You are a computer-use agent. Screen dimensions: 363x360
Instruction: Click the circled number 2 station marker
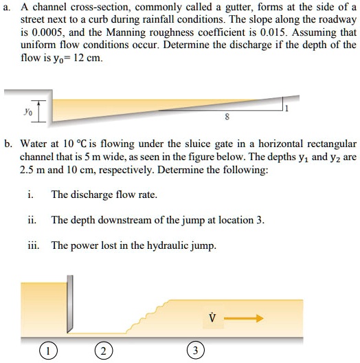pos(102,351)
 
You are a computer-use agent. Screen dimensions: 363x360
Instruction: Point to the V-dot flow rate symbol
pos(212,318)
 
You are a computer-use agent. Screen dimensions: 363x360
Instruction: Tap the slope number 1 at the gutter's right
pos(306,108)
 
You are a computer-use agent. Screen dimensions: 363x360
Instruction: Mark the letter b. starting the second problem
pos(8,144)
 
